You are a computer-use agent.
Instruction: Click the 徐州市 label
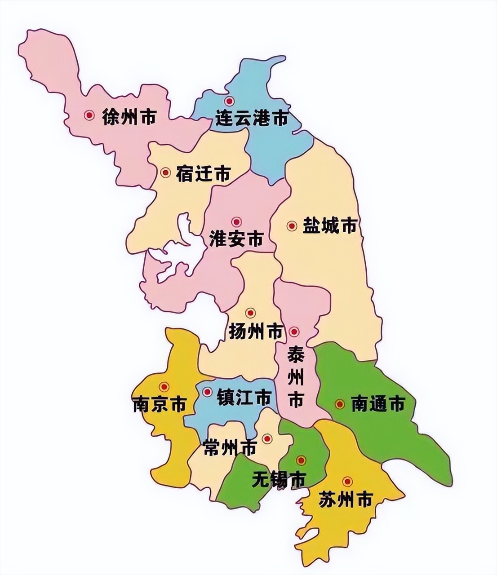coord(129,117)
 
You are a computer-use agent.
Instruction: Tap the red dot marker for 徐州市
coord(90,115)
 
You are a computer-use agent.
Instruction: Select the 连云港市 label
coord(251,118)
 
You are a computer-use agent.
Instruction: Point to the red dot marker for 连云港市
coord(230,101)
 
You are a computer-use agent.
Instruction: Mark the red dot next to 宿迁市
coord(166,172)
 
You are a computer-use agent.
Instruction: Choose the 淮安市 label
coord(236,239)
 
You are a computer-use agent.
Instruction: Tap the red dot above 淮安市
coord(236,221)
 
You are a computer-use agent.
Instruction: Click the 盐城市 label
coord(330,226)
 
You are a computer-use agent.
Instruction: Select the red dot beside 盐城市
coord(292,226)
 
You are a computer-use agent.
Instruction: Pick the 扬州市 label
coord(256,332)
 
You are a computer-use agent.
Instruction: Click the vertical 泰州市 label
coord(296,376)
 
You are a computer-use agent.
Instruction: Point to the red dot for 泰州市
coord(294,332)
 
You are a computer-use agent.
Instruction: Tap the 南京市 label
coord(159,404)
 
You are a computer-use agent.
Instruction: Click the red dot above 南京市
coord(164,387)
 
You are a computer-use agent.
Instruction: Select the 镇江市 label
coord(244,398)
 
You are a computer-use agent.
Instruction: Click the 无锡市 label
coord(279,479)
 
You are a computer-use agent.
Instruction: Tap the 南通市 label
coord(377,404)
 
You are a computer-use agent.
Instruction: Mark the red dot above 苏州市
coord(347,482)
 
